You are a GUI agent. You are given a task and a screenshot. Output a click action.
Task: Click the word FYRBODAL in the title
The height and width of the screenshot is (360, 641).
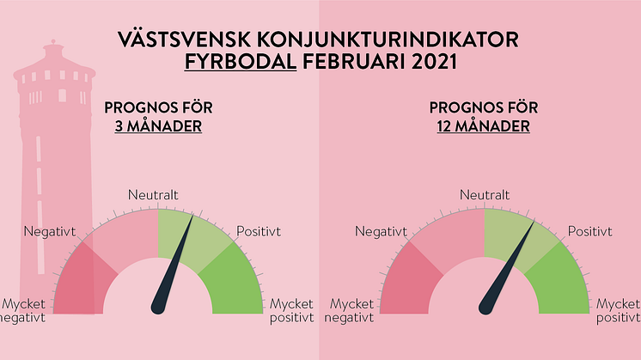coord(241,62)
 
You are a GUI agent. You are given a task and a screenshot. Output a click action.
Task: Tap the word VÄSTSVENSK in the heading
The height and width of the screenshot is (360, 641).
coord(184,39)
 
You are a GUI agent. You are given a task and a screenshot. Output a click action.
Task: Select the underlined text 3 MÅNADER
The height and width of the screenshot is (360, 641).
coord(158,125)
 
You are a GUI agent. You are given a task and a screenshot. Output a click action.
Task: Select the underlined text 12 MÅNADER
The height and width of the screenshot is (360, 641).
coord(483,125)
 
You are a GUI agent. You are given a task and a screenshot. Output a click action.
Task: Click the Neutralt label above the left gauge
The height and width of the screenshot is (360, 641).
coord(153,195)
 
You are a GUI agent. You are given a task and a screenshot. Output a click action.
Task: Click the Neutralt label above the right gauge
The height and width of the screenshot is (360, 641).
coord(485,195)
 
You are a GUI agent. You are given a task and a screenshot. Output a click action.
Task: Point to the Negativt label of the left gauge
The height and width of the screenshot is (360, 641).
coord(50,232)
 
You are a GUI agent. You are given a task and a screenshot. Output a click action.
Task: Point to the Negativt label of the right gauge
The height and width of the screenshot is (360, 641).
coord(381,232)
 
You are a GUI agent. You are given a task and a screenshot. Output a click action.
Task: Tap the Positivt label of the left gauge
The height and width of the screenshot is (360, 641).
coord(259,231)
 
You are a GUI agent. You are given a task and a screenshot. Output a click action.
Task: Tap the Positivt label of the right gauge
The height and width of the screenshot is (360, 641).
coord(590,231)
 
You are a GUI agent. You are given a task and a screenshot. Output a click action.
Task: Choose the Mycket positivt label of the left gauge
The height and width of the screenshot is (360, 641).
coord(291,310)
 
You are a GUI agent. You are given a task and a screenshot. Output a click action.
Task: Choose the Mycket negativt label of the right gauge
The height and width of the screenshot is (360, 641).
coord(350,310)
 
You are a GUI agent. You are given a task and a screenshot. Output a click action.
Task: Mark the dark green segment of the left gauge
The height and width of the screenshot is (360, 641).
coord(235,282)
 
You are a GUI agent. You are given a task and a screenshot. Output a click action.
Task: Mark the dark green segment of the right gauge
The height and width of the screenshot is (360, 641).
coord(562,282)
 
